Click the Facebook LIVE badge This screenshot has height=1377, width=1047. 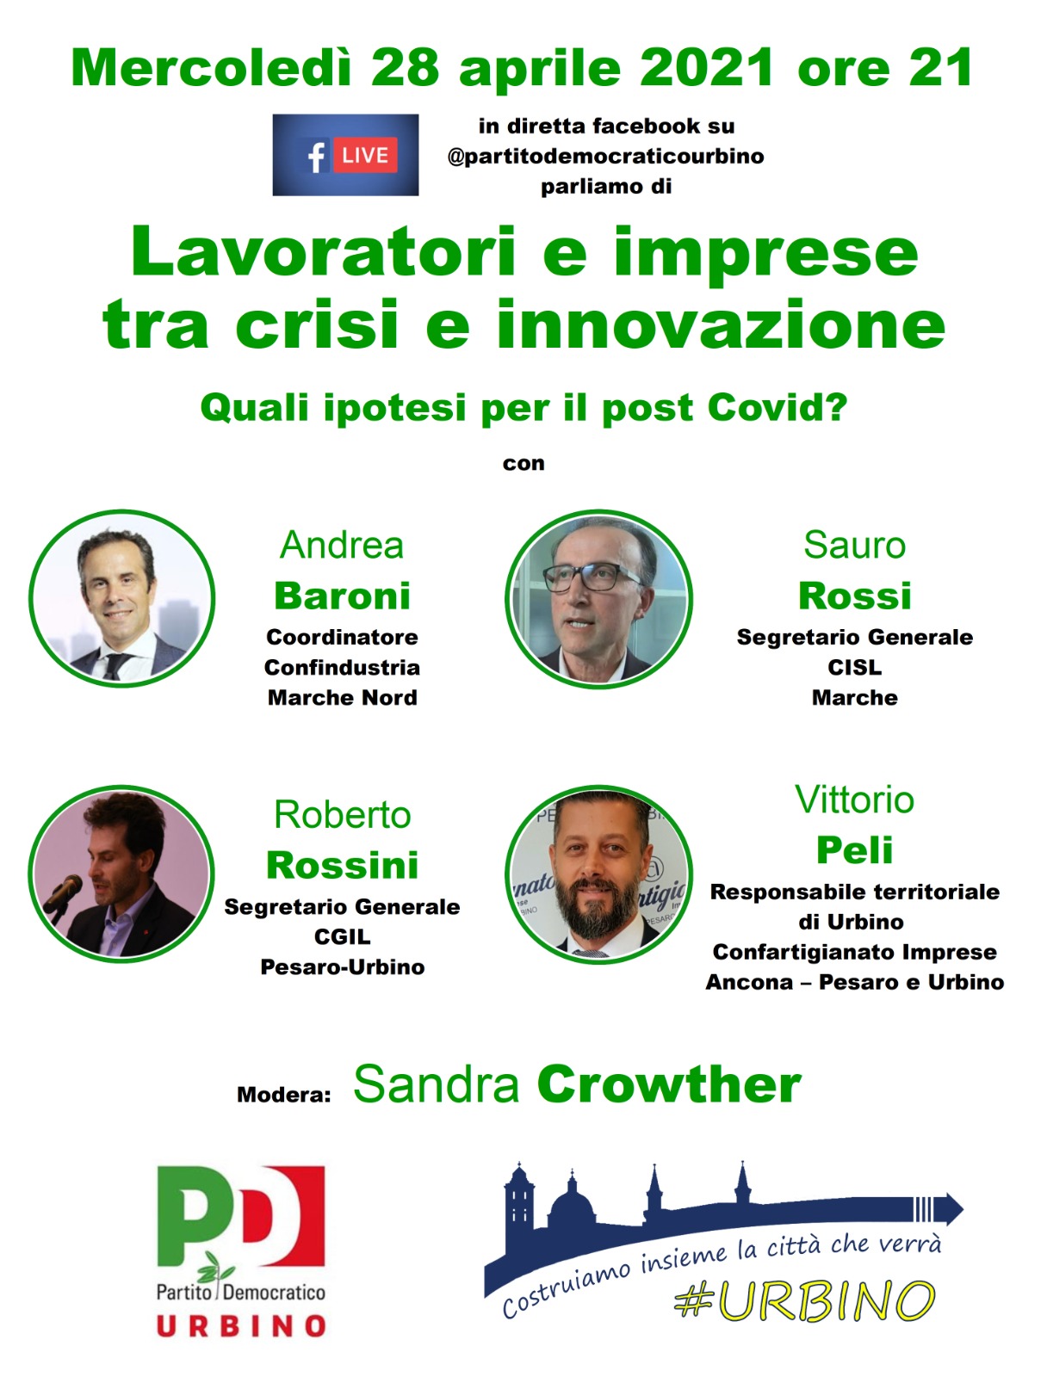coord(345,154)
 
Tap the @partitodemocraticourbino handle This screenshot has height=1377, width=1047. coord(605,157)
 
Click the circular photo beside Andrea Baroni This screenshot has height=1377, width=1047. coord(121,598)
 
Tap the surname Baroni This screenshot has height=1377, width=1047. coord(343,596)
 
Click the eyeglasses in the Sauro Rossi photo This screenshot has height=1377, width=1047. coord(590,576)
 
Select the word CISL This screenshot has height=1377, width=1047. coord(854,667)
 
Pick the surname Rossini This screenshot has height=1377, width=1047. coord(343,865)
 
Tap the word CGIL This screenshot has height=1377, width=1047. coord(343,936)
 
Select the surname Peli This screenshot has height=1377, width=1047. coord(854,850)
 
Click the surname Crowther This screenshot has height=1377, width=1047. coord(669,1084)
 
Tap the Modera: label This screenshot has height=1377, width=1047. coord(283,1095)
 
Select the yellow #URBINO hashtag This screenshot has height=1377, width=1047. coord(804,1300)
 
